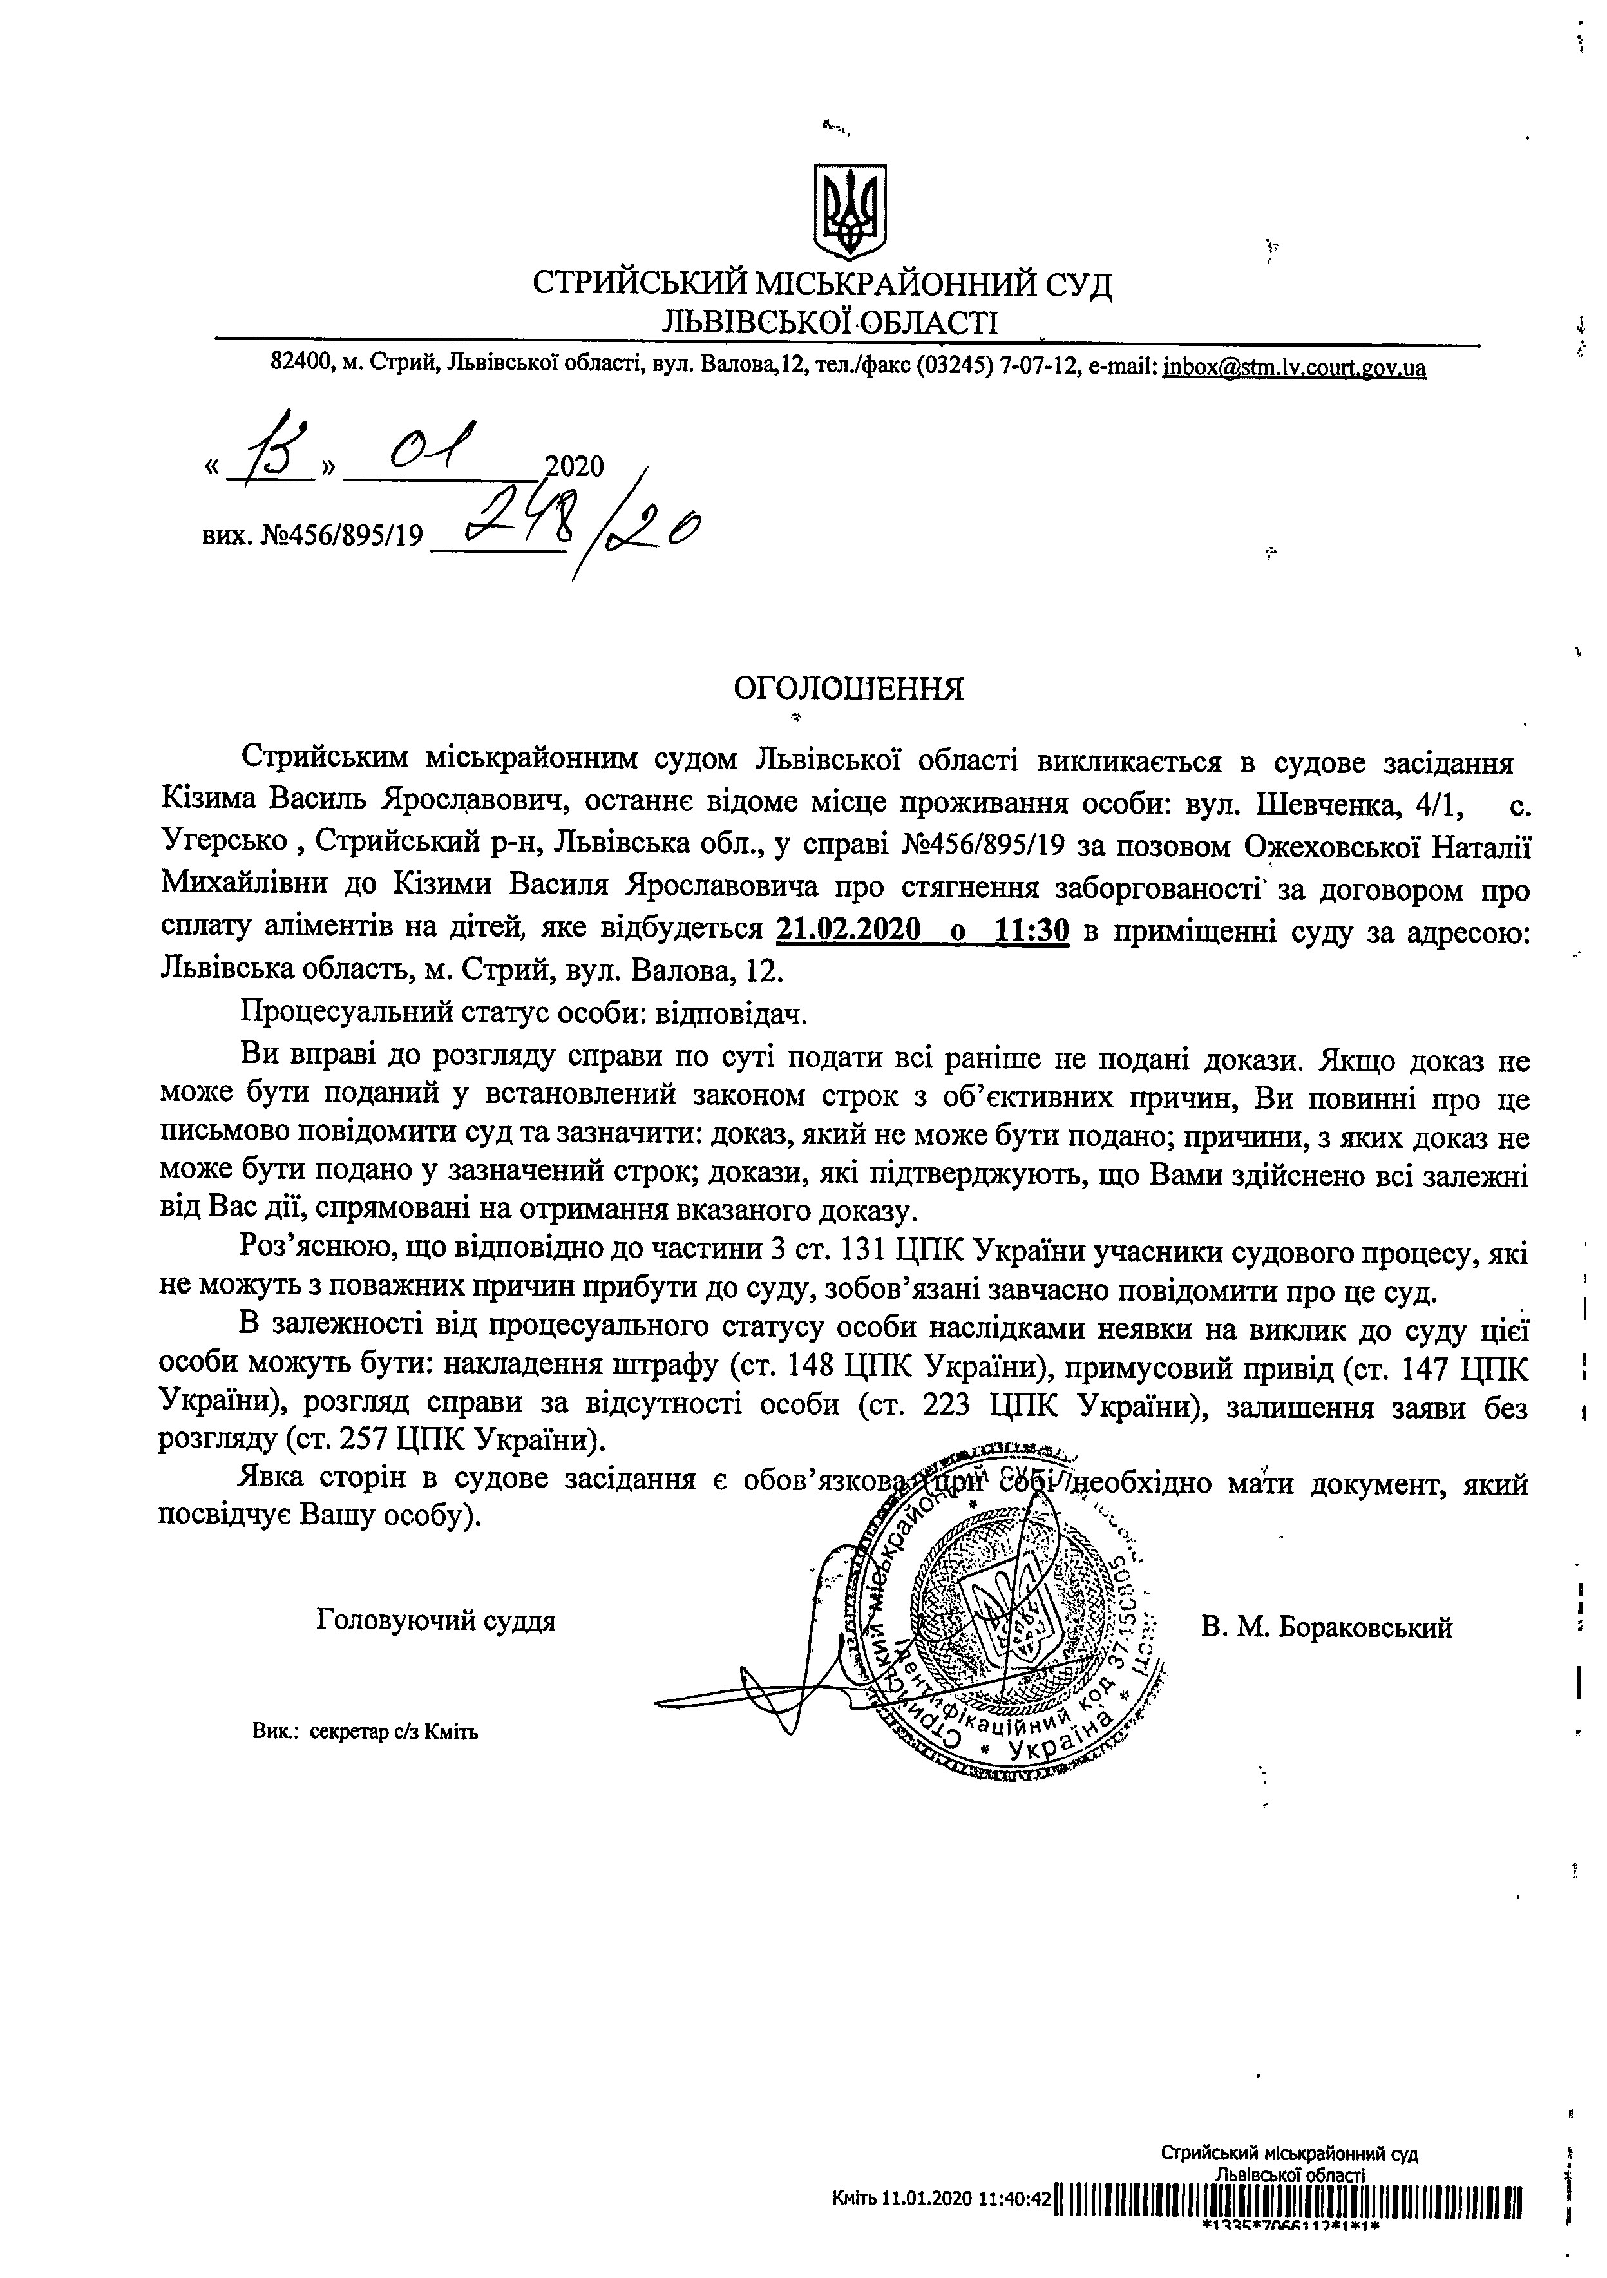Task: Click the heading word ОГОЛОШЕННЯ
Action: [x=848, y=689]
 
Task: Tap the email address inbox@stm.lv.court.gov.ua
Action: [x=1295, y=368]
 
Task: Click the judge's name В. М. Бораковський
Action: [x=1326, y=1628]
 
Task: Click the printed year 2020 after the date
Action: [x=575, y=466]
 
